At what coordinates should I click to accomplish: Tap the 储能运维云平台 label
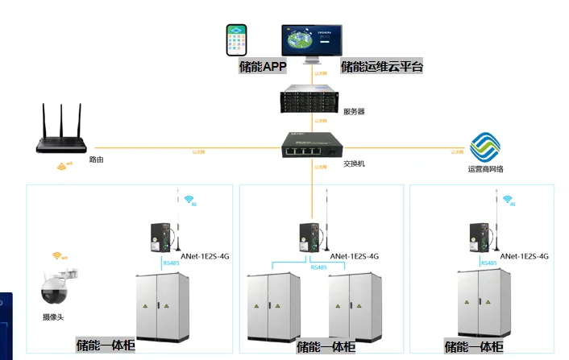pyautogui.click(x=382, y=68)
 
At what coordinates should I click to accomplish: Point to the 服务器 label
pyautogui.click(x=354, y=111)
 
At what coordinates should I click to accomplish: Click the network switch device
pyautogui.click(x=312, y=147)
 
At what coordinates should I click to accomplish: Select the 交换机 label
pyautogui.click(x=355, y=163)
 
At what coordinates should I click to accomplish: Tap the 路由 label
pyautogui.click(x=96, y=160)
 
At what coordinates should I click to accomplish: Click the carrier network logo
pyautogui.click(x=486, y=147)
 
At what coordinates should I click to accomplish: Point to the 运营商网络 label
pyautogui.click(x=485, y=169)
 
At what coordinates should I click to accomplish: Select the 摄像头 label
pyautogui.click(x=55, y=317)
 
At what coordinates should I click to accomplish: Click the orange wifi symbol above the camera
pyautogui.click(x=58, y=256)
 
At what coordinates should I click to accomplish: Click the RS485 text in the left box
pyautogui.click(x=171, y=263)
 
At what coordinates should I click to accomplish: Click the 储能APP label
pyautogui.click(x=263, y=68)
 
